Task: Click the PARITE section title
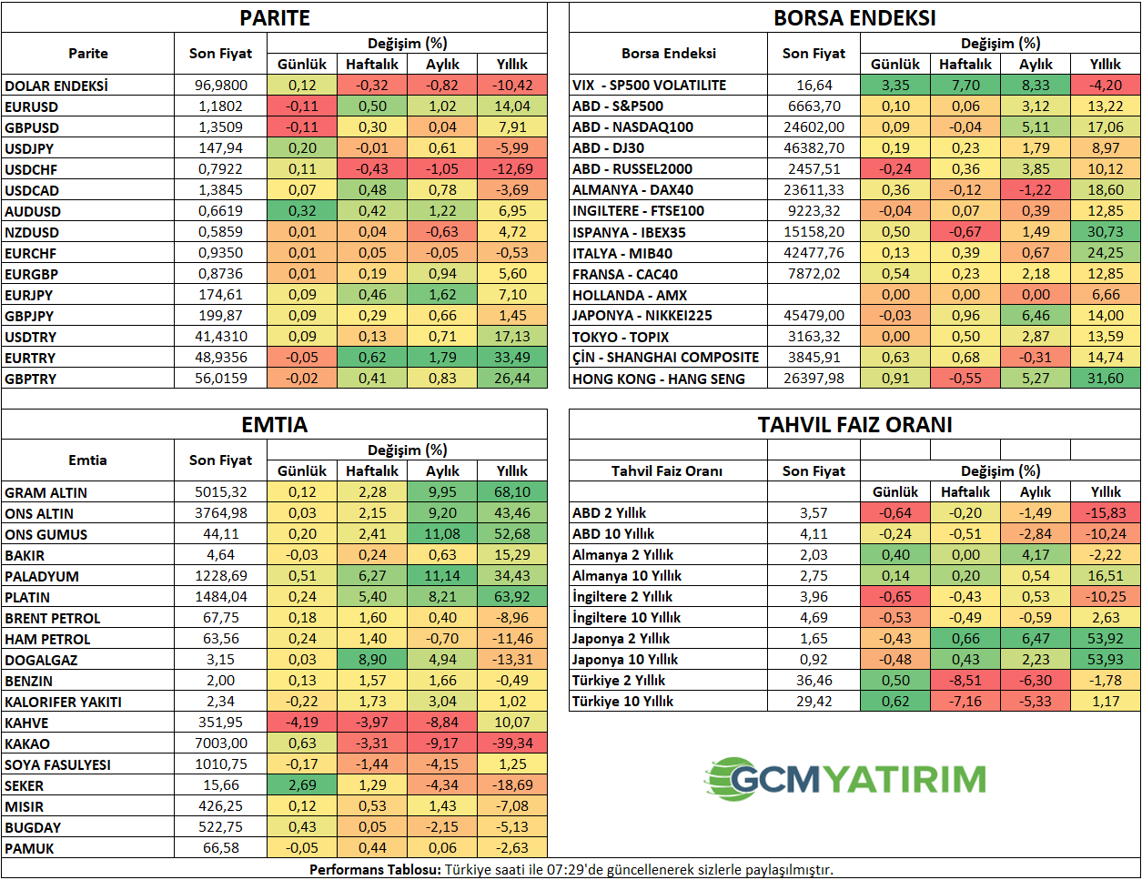pos(274,17)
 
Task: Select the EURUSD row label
pos(32,106)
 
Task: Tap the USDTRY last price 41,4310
pos(221,337)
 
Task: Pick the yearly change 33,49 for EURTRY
pos(511,358)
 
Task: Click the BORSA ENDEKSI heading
pos(854,17)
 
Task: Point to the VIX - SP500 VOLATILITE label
pos(649,85)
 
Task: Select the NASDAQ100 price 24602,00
pos(814,127)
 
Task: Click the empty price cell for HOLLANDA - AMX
pos(814,295)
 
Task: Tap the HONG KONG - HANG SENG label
pos(658,379)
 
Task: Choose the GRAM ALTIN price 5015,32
pos(221,492)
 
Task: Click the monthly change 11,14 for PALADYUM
pos(442,576)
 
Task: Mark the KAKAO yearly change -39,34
pos(511,743)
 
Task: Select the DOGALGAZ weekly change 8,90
pos(372,660)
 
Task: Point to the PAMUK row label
pos(29,848)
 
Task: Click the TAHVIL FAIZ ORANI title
pos(854,424)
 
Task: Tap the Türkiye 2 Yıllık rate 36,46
pos(814,681)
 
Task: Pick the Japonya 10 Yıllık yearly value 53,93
pos(1106,660)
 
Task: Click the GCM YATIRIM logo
pos(844,779)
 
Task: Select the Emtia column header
pos(87,460)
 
